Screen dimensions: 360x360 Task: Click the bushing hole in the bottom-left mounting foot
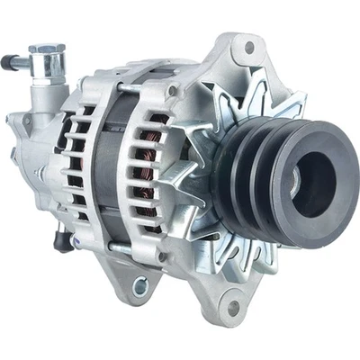pyautogui.click(x=140, y=286)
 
